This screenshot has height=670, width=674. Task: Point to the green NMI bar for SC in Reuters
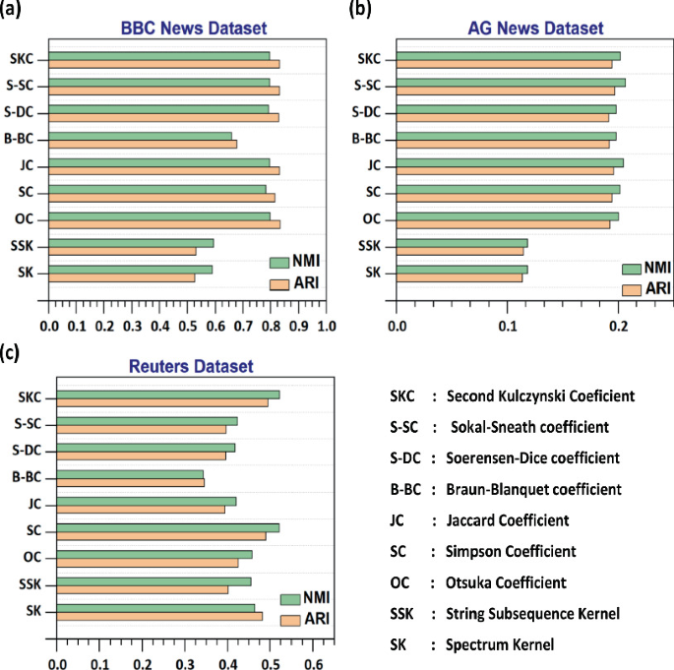point(167,527)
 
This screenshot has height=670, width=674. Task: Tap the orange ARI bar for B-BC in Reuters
point(130,483)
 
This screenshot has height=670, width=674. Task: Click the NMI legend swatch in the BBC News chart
point(278,262)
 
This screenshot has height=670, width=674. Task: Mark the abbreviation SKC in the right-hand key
point(403,396)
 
